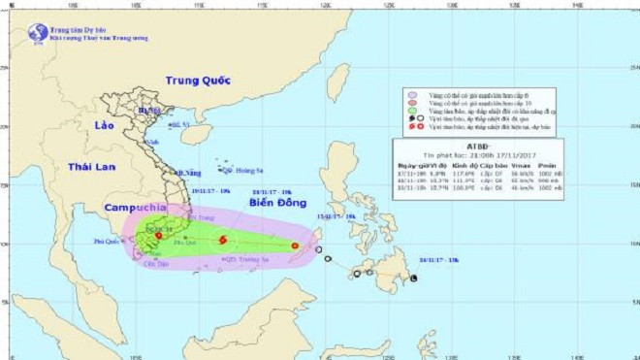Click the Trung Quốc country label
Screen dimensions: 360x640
pyautogui.click(x=196, y=81)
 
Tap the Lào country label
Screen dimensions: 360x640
pyautogui.click(x=105, y=127)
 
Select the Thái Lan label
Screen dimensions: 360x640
pyautogui.click(x=91, y=167)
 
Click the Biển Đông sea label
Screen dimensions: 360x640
pyautogui.click(x=274, y=206)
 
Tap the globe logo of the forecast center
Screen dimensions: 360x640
pyautogui.click(x=38, y=32)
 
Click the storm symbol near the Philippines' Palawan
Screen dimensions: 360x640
pyautogui.click(x=295, y=245)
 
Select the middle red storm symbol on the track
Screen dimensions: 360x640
pyautogui.click(x=223, y=241)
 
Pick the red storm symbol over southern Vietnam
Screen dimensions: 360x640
pyautogui.click(x=158, y=235)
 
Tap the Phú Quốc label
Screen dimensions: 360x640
pyautogui.click(x=108, y=239)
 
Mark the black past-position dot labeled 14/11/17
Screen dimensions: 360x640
pyautogui.click(x=414, y=278)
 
